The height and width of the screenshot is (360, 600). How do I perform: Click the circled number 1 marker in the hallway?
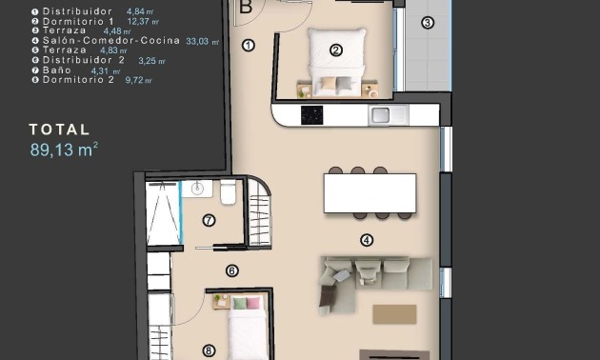click(x=249, y=45)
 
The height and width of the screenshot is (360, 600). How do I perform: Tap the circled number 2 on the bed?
click(x=335, y=50)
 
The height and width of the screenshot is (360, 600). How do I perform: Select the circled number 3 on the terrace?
click(x=427, y=23)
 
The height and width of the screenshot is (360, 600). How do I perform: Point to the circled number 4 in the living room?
click(x=367, y=241)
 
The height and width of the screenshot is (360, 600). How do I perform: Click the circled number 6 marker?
click(x=231, y=270)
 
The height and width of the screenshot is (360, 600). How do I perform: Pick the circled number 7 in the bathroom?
click(x=209, y=220)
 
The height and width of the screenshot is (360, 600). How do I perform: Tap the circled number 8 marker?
click(x=209, y=350)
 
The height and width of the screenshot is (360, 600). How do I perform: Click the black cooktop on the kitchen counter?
click(x=312, y=115)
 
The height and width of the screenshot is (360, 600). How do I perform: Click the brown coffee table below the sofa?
click(x=394, y=313)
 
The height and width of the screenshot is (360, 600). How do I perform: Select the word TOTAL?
click(x=59, y=130)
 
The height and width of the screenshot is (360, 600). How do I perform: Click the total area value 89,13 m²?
click(x=64, y=149)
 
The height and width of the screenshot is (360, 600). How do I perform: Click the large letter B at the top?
click(x=245, y=7)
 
